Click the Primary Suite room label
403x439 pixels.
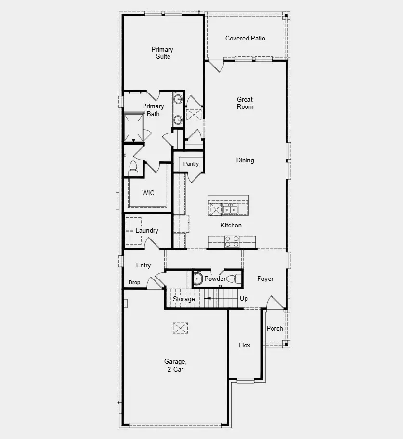[162, 53]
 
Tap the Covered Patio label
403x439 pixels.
[245, 39]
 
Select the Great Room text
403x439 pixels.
[245, 103]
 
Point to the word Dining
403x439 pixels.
[245, 160]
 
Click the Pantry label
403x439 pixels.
[191, 164]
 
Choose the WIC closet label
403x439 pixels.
[148, 193]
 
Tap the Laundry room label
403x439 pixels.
[146, 231]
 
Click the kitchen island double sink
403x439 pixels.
[230, 209]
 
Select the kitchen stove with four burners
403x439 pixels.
[232, 241]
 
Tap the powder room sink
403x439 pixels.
[197, 279]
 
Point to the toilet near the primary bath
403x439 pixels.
[133, 168]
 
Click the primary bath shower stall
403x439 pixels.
[134, 127]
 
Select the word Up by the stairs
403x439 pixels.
[244, 299]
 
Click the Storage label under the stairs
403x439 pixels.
[184, 299]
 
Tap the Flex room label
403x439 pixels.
[245, 346]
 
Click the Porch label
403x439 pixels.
[275, 329]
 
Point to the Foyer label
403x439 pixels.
[265, 279]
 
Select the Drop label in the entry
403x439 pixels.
[134, 283]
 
